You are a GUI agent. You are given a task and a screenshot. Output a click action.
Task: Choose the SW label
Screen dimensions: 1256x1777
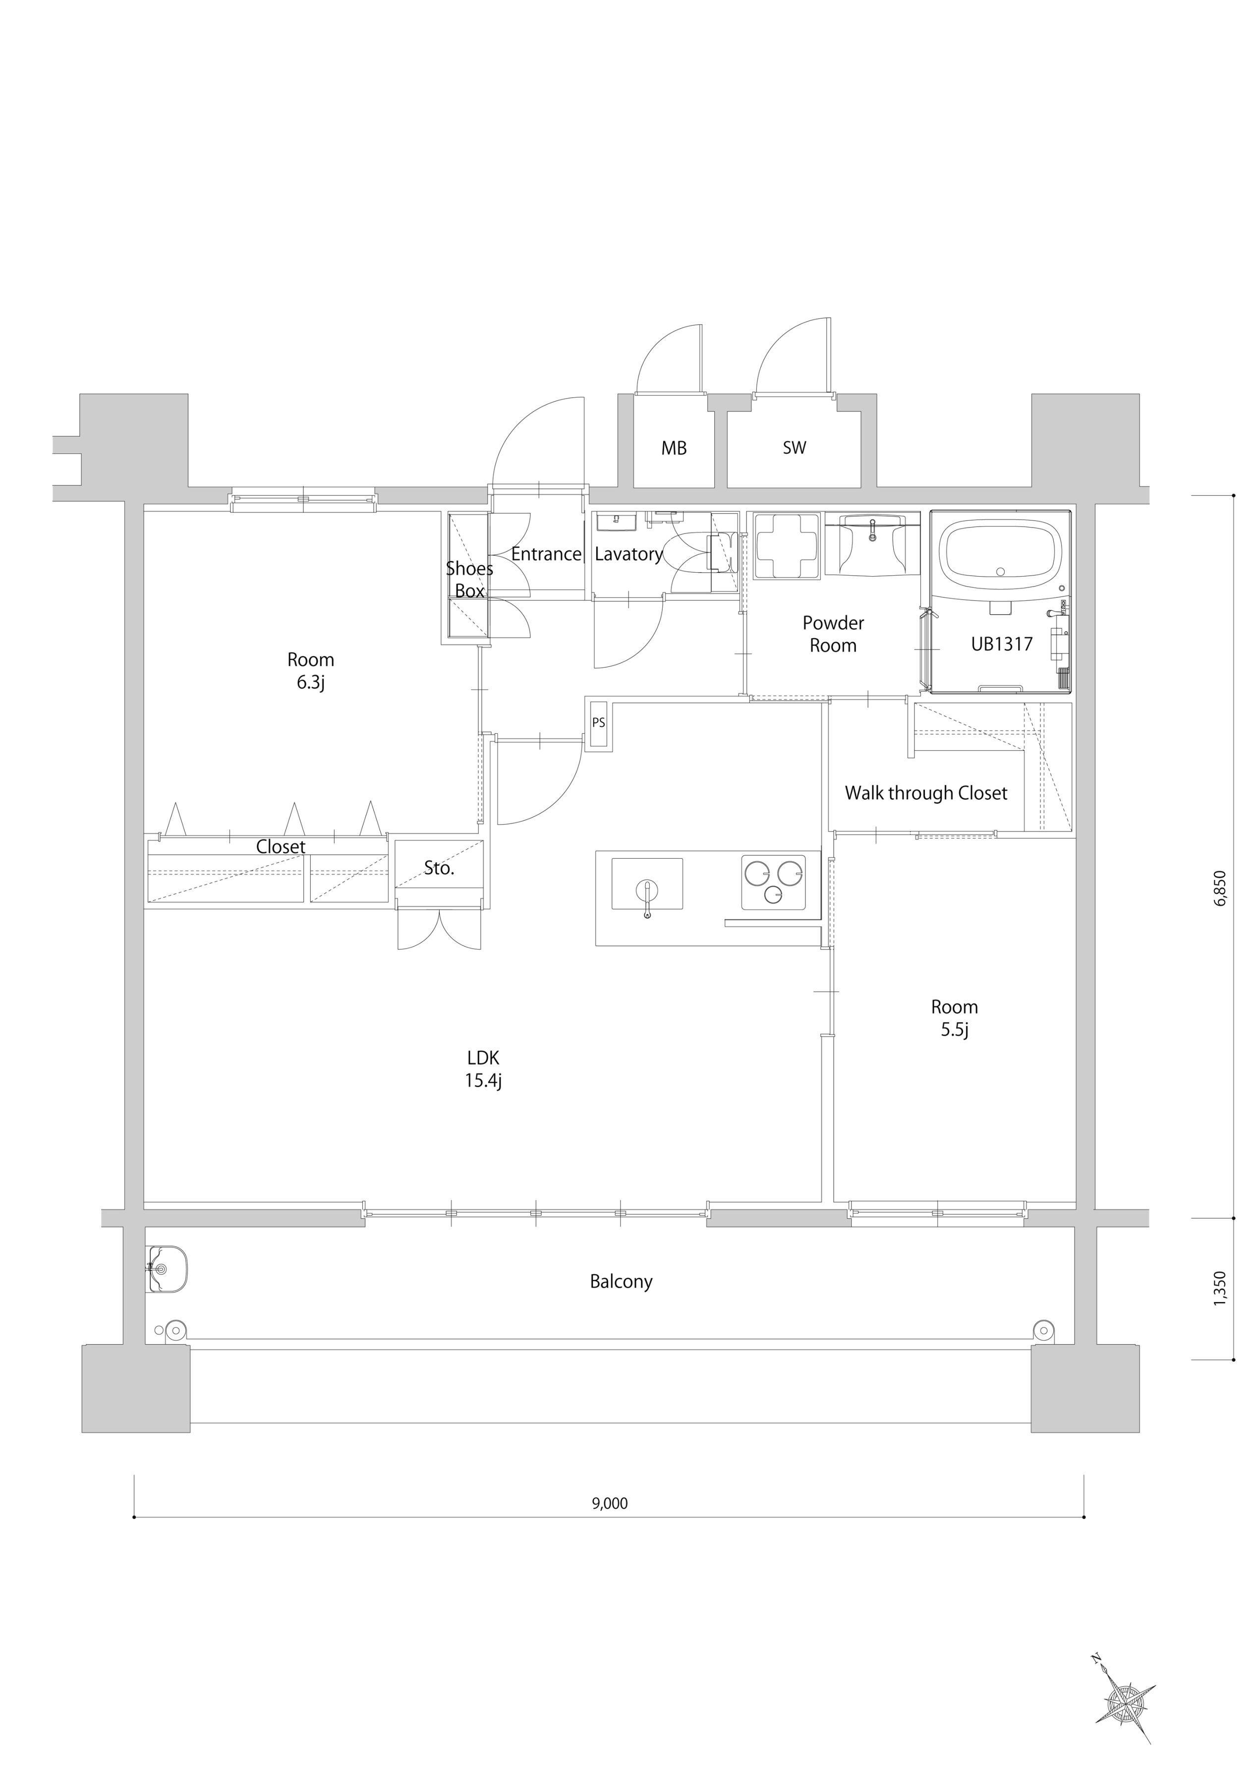point(794,447)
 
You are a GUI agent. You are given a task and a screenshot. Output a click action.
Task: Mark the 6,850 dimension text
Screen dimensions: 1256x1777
point(1220,888)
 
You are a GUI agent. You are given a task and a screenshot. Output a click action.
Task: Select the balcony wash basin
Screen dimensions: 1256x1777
point(167,1268)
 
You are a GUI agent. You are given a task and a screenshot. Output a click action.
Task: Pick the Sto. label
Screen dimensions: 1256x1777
point(439,868)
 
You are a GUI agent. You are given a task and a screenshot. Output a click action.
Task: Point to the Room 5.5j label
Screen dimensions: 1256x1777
point(954,1018)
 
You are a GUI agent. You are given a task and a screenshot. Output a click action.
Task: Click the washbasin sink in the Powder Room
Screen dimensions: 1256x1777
point(873,544)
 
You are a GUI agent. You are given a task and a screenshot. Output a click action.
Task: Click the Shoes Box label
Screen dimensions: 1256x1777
point(469,579)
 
